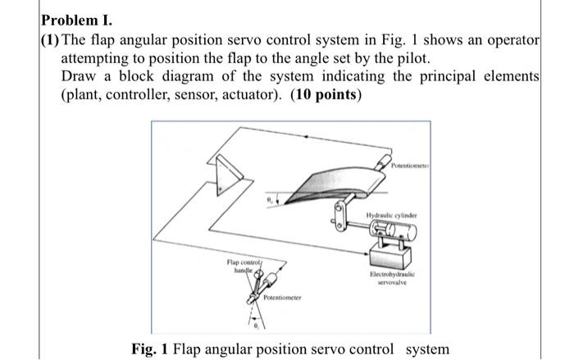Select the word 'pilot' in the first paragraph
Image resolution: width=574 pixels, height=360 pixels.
click(x=404, y=58)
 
